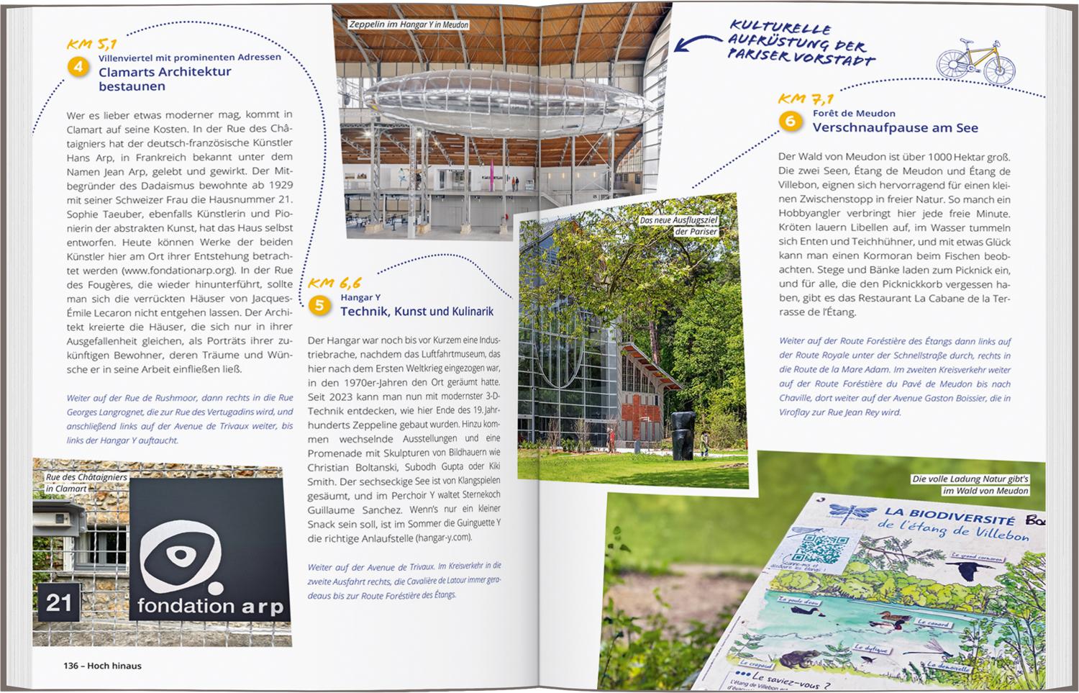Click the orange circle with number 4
[78, 67]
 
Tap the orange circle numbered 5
[319, 306]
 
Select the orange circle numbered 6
[790, 121]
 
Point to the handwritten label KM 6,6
[334, 284]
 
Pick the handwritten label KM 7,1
[806, 99]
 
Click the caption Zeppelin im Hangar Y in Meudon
[408, 24]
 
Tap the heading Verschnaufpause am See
[895, 128]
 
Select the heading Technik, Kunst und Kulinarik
[416, 312]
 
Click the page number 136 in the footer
[71, 666]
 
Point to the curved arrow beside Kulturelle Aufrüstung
[696, 43]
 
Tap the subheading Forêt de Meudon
[854, 113]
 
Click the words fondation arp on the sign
[210, 606]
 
